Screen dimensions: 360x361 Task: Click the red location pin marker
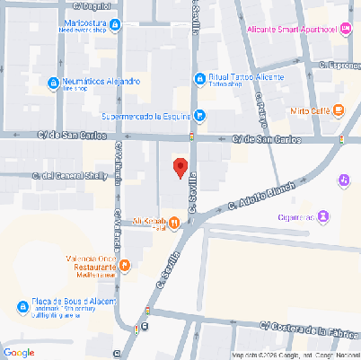point(180,167)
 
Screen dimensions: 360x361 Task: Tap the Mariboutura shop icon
point(57,25)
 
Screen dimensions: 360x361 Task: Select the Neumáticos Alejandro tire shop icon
point(54,84)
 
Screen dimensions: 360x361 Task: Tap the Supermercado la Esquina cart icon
point(200,115)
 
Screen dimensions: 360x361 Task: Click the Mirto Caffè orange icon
point(339,110)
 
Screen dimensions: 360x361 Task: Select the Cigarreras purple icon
point(323,216)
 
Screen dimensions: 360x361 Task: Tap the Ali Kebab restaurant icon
point(185,222)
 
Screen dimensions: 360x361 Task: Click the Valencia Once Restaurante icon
point(125,266)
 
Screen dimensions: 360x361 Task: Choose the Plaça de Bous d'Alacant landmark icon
point(21,306)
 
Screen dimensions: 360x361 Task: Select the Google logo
point(19,351)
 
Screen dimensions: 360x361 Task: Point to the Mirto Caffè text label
point(308,110)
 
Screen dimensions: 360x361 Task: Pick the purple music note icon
point(344,180)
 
